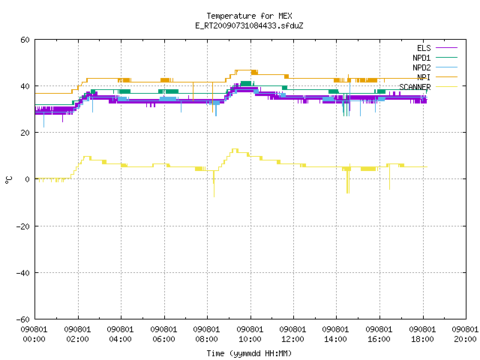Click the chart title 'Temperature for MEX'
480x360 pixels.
(249, 16)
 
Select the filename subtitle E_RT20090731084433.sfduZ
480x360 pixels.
(249, 25)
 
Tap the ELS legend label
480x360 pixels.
(424, 48)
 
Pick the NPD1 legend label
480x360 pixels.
(421, 58)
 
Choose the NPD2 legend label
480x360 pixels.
(421, 67)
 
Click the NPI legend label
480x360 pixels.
(424, 77)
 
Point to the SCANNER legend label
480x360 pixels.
(415, 87)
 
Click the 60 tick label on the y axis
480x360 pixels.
(25, 40)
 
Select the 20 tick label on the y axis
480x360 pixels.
(25, 133)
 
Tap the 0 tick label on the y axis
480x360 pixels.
(28, 179)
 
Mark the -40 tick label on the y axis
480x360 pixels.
(23, 273)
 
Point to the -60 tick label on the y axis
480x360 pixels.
(23, 319)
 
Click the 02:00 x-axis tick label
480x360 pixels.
(78, 339)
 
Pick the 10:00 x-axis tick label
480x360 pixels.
(250, 339)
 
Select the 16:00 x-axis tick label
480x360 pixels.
(379, 339)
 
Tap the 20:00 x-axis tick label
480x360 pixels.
(465, 339)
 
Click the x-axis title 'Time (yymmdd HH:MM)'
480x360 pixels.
(249, 353)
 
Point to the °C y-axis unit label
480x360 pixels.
(9, 180)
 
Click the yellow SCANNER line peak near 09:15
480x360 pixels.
(235, 149)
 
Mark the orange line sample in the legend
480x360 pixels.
(447, 77)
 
